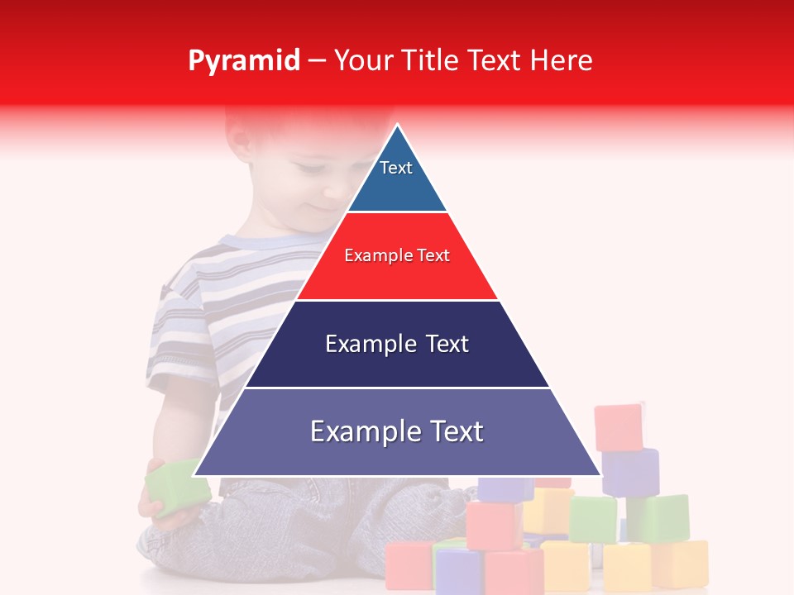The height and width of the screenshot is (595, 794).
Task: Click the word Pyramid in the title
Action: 243,61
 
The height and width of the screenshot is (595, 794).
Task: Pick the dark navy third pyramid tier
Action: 397,364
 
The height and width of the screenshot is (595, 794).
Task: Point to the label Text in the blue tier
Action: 396,168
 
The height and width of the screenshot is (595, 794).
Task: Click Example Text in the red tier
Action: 397,255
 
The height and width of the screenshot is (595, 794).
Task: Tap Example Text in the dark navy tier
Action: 397,344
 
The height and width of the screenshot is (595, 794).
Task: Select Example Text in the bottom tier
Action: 397,431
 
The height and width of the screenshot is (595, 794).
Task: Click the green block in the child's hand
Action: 176,490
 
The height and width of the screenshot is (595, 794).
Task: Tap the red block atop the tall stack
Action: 619,426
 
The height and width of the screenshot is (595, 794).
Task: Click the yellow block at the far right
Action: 680,564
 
